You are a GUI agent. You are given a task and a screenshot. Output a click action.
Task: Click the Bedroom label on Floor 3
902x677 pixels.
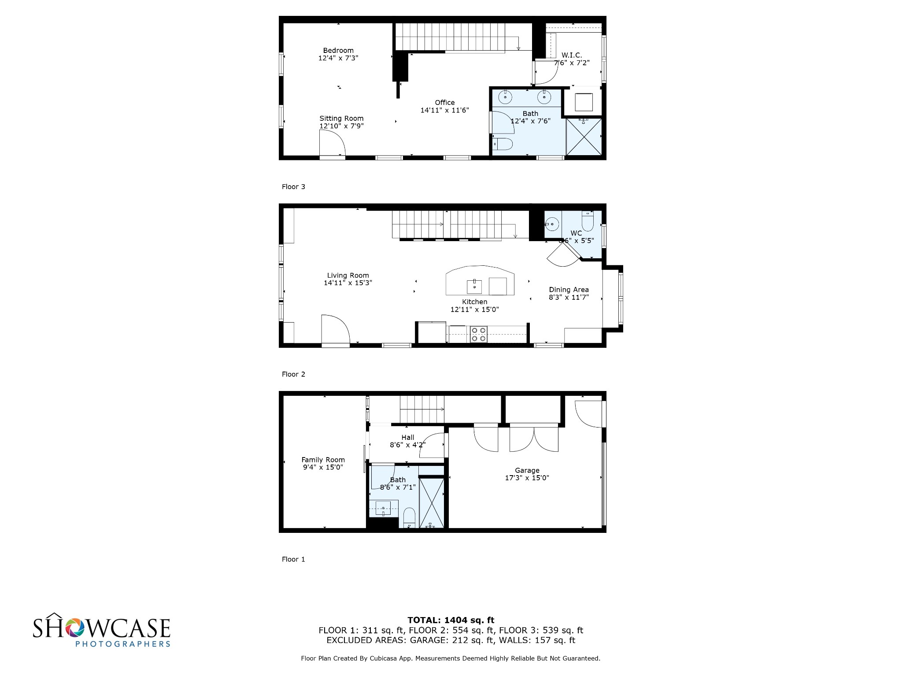point(338,51)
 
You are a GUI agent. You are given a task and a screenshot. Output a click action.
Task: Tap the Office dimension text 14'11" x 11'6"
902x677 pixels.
point(444,110)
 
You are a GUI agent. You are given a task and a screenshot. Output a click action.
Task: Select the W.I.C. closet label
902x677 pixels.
point(572,55)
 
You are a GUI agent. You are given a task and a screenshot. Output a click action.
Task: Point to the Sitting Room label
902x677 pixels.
point(341,119)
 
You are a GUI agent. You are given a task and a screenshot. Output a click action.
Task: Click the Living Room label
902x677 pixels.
point(348,275)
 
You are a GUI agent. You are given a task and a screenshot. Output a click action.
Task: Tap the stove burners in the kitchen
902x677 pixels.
point(479,334)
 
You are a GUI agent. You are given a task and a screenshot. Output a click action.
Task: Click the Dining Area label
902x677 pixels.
point(569,290)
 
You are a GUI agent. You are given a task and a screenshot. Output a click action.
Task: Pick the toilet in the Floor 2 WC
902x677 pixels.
point(588,220)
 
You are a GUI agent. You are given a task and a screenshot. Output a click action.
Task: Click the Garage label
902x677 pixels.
point(527,470)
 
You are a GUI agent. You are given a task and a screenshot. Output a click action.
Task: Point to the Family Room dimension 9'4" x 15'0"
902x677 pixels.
point(323,467)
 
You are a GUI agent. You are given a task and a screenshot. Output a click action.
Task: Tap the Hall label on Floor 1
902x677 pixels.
point(408,438)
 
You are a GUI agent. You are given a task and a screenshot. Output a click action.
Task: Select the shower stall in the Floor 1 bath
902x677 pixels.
point(432,503)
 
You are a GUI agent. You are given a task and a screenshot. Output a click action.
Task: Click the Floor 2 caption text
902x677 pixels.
point(293,374)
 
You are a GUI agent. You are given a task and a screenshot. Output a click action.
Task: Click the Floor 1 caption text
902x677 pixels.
point(293,559)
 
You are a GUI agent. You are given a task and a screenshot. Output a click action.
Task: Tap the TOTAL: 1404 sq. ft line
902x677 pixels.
point(451,621)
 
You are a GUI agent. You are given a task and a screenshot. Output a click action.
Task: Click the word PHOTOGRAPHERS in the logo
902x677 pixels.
point(123,644)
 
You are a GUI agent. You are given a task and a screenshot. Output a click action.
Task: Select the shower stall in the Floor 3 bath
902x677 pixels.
point(584,136)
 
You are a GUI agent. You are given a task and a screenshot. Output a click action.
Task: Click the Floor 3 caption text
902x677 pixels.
point(293,187)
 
